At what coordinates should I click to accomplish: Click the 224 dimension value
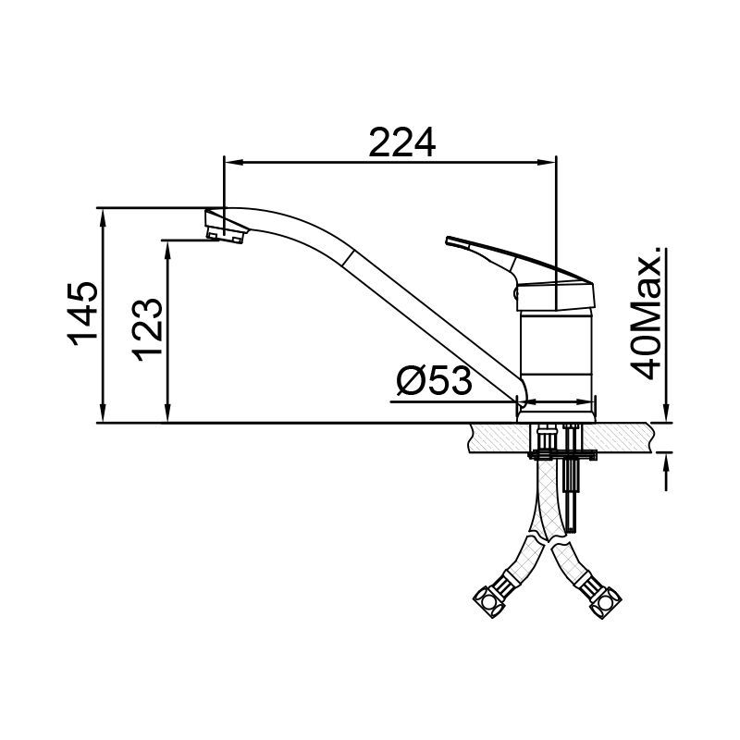[402, 142]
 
